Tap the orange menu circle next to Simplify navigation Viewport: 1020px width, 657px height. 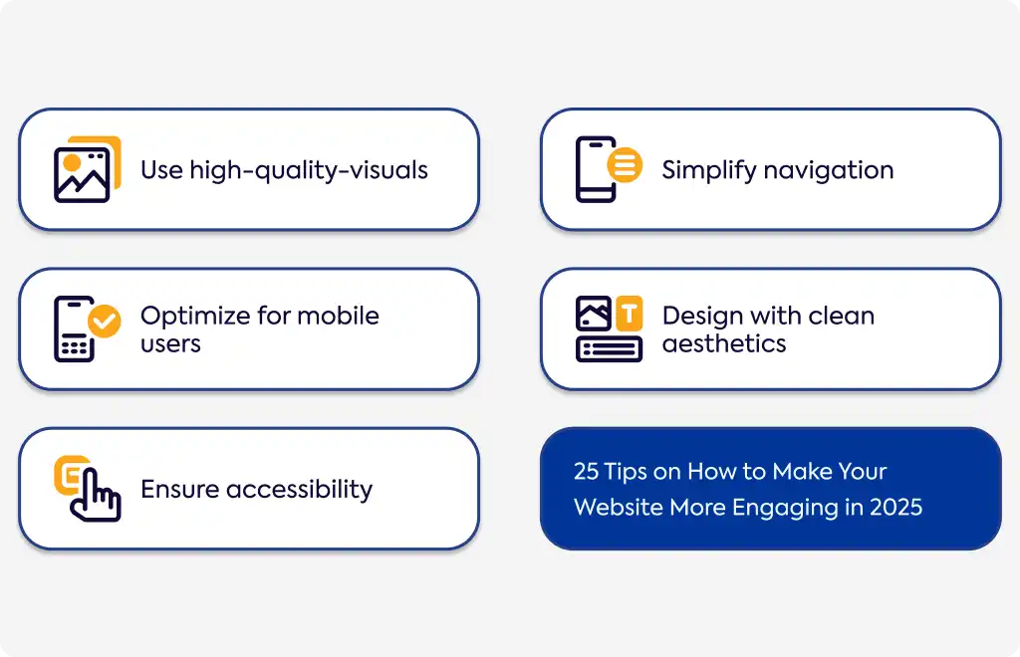tap(625, 164)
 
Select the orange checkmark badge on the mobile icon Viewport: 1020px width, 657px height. tap(104, 321)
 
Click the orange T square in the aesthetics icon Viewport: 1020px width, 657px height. tap(630, 314)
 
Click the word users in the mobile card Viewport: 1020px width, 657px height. tap(170, 344)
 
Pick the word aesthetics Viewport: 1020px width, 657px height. tap(724, 343)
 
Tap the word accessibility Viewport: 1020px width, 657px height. tap(299, 490)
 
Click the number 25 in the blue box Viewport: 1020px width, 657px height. tap(586, 471)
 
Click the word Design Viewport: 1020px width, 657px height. tap(702, 317)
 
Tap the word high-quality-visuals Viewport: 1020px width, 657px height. tap(309, 171)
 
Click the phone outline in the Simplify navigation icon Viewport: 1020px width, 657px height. tap(595, 169)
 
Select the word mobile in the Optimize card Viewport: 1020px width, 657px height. tap(338, 316)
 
